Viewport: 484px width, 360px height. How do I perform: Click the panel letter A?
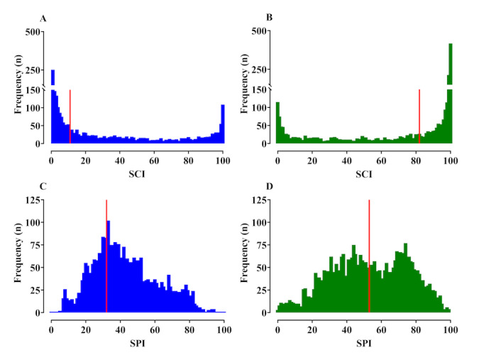tap(43, 18)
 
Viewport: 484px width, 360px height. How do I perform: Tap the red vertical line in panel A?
tap(70, 117)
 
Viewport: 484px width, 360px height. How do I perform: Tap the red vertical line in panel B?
tap(419, 117)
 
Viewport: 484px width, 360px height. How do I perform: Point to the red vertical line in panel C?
tap(106, 256)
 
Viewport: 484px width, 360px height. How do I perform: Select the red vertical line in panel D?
tap(370, 256)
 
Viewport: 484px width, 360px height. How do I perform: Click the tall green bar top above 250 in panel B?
tap(451, 45)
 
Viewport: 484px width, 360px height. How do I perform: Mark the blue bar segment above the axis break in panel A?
tap(53, 77)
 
